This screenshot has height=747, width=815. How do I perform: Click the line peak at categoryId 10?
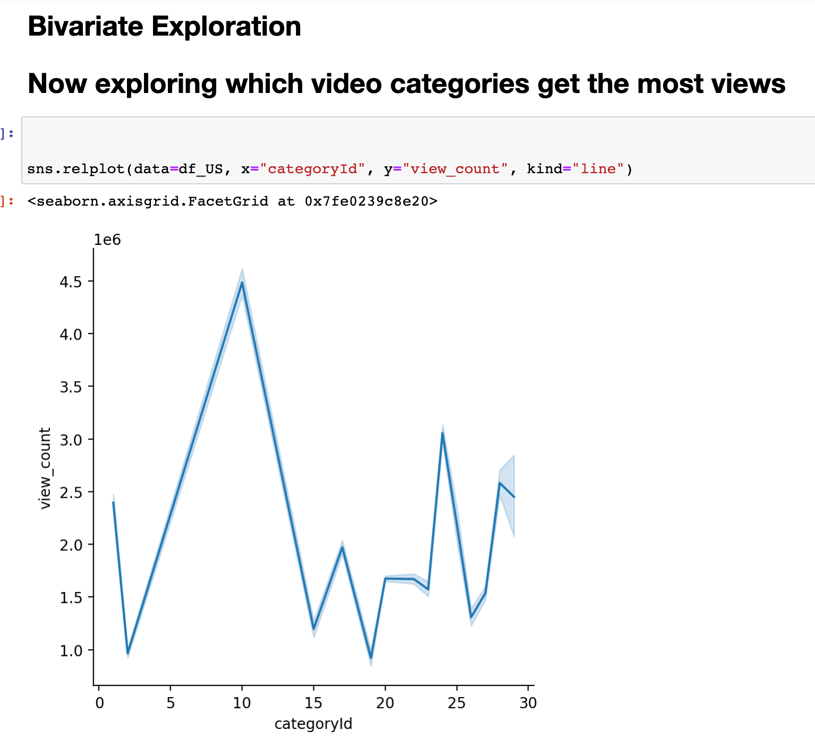(x=242, y=283)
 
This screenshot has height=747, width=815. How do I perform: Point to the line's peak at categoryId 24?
(x=443, y=433)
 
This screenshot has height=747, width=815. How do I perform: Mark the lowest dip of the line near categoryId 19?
(x=371, y=658)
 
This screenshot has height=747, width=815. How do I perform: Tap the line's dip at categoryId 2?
(x=128, y=653)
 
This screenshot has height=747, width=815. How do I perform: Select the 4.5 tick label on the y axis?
(x=71, y=282)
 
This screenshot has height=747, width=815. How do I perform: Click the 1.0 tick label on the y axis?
(x=71, y=650)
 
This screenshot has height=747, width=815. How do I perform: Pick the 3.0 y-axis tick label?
(x=71, y=440)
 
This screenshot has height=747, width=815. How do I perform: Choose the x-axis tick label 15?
(x=313, y=703)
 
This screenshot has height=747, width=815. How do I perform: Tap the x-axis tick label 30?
(x=528, y=703)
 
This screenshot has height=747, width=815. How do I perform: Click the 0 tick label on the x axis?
(x=99, y=703)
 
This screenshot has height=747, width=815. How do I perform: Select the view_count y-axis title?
(x=45, y=468)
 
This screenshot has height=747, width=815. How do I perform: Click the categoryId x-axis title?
(x=313, y=724)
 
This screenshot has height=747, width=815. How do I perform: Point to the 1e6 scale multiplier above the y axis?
(x=107, y=240)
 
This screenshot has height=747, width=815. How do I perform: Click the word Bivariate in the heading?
(x=86, y=27)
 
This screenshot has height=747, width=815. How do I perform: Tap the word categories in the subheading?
(x=460, y=84)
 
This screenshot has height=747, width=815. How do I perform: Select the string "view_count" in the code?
(x=455, y=168)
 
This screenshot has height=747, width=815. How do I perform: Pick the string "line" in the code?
(x=598, y=168)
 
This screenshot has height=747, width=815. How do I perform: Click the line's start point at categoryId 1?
(x=113, y=502)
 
